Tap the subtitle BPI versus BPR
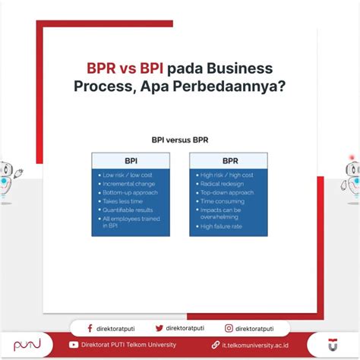click(179, 141)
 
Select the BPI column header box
click(131, 161)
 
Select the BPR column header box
click(228, 161)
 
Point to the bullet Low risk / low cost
click(128, 175)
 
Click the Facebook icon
click(90, 328)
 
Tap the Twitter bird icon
click(159, 328)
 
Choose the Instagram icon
click(229, 328)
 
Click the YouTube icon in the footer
click(73, 345)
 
